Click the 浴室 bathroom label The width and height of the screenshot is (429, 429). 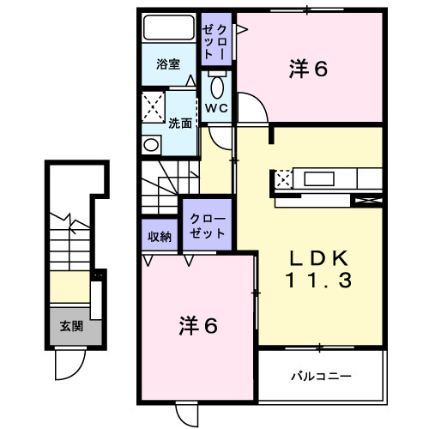[168, 64]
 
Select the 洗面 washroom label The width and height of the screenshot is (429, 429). [180, 123]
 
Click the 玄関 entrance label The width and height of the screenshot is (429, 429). [71, 327]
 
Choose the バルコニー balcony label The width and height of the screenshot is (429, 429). [320, 376]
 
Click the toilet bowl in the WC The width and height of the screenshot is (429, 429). [215, 87]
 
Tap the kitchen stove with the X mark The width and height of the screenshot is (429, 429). [283, 179]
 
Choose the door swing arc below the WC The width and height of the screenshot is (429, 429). [251, 110]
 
